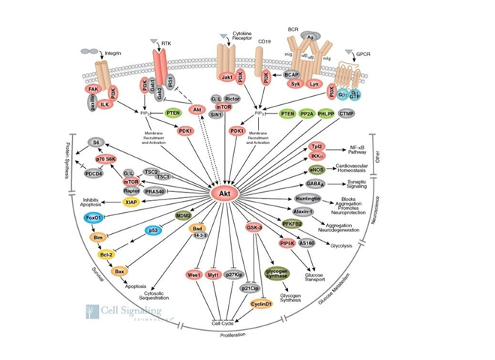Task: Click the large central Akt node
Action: click(223, 193)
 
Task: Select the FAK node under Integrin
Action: click(93, 89)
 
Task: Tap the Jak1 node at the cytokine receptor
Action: click(225, 76)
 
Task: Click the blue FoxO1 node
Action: click(94, 217)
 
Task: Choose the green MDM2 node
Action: click(183, 216)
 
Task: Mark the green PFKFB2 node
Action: click(313, 222)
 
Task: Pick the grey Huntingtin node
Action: click(309, 198)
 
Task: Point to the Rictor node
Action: click(232, 97)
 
